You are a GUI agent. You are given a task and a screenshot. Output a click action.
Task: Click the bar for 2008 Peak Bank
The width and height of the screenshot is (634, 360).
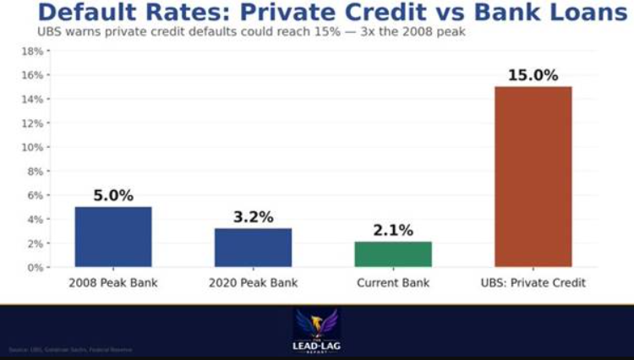[x=113, y=237]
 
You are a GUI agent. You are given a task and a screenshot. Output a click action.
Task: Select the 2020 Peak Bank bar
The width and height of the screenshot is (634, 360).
[x=253, y=248]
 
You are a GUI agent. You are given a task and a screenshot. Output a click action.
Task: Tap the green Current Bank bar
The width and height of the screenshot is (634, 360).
[x=393, y=254]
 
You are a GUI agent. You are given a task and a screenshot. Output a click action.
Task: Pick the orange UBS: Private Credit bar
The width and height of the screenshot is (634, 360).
[x=533, y=177]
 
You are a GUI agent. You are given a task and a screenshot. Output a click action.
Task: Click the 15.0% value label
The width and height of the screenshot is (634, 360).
[x=533, y=75]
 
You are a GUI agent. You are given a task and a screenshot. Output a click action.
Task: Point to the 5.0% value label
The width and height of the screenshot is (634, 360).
[x=113, y=196]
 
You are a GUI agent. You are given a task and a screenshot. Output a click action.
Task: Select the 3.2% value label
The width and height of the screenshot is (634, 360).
[x=254, y=217]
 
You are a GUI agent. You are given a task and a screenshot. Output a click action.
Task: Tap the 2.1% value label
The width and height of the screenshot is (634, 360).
[x=393, y=230]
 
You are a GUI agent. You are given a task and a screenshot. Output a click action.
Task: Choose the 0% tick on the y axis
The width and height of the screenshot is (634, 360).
[x=35, y=267]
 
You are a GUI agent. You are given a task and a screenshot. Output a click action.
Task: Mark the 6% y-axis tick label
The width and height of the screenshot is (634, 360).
[x=35, y=195]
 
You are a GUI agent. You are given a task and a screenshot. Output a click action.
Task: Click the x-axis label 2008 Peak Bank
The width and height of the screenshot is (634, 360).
[x=113, y=283]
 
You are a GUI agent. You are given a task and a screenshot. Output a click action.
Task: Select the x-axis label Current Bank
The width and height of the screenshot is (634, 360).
[x=393, y=283]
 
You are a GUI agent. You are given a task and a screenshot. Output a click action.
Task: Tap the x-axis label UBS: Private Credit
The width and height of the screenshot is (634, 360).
[x=533, y=283]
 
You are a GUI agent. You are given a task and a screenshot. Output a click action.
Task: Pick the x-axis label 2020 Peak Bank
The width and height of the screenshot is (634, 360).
[x=254, y=283]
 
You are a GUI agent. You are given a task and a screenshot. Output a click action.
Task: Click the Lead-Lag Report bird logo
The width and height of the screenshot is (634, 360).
[x=316, y=325]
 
